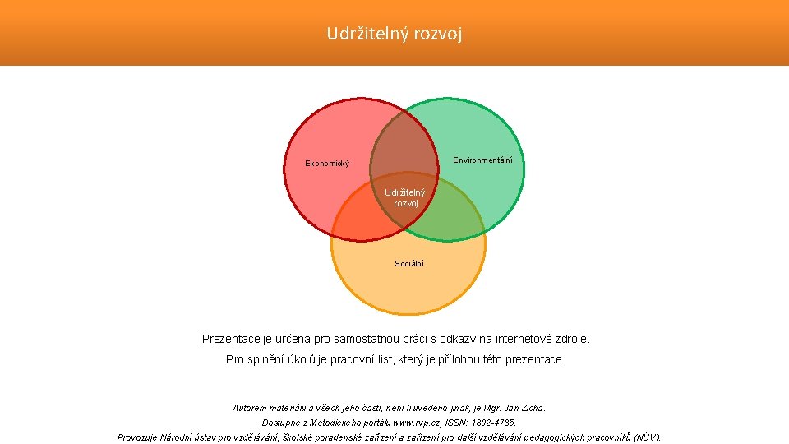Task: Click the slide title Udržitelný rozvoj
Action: point(394,34)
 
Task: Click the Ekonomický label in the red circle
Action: point(327,164)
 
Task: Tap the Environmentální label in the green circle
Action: point(482,160)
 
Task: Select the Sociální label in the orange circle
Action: point(408,264)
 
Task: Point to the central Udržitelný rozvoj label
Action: point(405,198)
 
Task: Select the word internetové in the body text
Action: point(510,339)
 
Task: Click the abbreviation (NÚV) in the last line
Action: point(647,437)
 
